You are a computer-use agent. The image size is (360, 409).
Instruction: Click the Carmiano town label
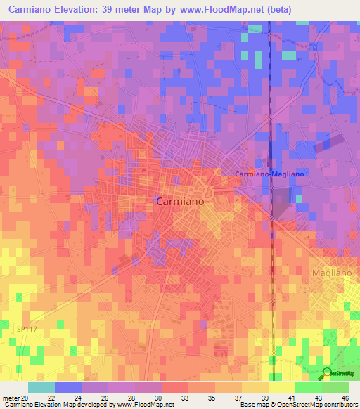pos(179,201)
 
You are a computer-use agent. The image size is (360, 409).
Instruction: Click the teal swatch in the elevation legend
pos(41,387)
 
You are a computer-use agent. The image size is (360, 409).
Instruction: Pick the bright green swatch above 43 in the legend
pos(308,387)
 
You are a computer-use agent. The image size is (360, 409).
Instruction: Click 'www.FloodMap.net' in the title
pos(219,11)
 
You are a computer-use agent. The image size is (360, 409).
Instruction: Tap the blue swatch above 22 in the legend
pos(68,387)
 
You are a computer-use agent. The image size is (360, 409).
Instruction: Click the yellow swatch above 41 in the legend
pos(281,387)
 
